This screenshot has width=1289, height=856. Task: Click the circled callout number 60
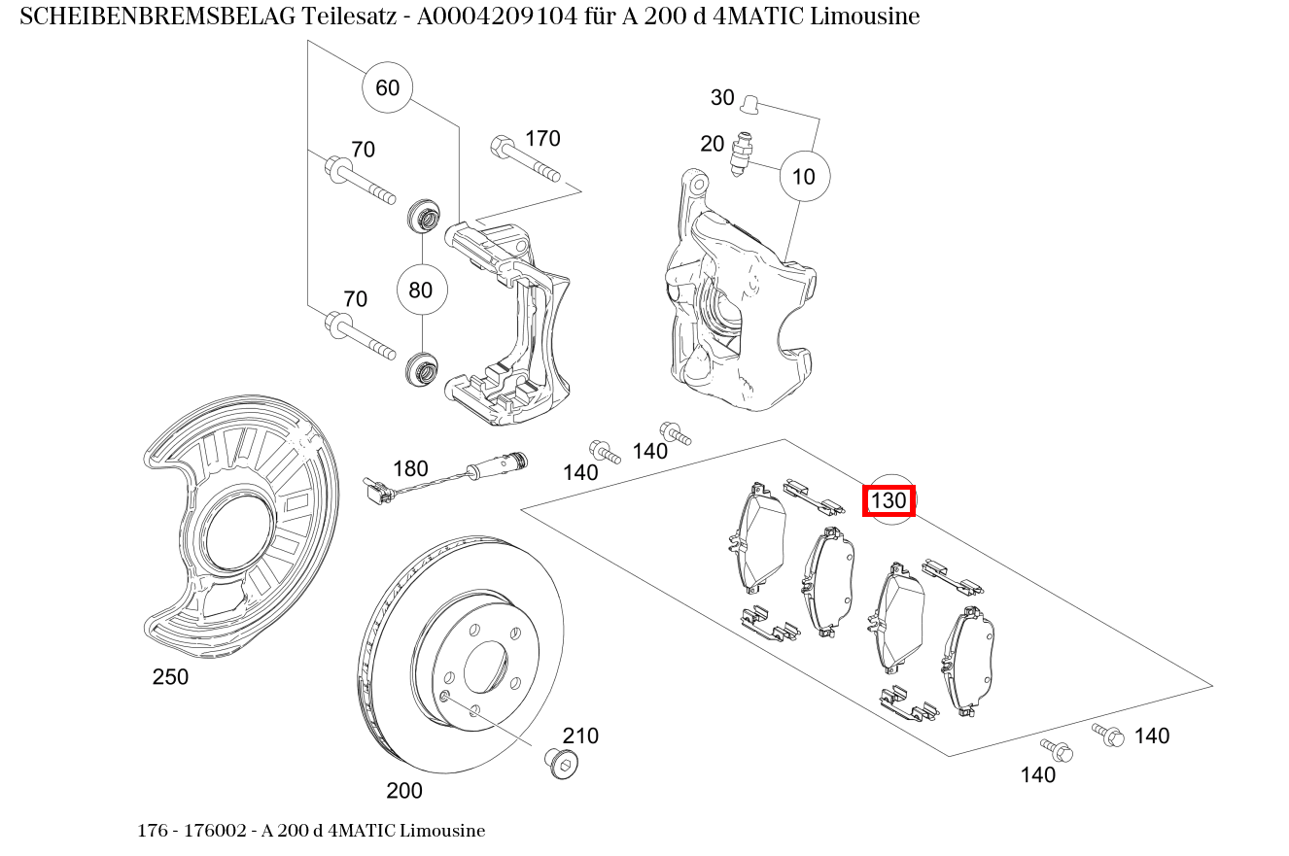click(387, 87)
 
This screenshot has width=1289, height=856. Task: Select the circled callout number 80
click(422, 290)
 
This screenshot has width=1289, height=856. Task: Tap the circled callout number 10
click(805, 176)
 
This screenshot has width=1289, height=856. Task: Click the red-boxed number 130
click(888, 500)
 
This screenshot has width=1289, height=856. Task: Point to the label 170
click(542, 139)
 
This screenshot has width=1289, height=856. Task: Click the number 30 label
click(722, 97)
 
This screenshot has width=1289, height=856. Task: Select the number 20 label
click(712, 143)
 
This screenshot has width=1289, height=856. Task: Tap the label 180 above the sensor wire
click(410, 468)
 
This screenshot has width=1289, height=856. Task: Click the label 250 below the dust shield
click(170, 676)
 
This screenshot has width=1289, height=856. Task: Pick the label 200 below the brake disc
click(404, 791)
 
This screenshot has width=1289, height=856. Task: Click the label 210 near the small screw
click(580, 736)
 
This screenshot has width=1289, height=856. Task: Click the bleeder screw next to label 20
click(742, 154)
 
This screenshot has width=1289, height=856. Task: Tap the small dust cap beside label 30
click(749, 104)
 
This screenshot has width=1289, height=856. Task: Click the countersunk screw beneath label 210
click(561, 764)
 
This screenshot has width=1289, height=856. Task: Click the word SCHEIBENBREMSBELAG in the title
click(157, 17)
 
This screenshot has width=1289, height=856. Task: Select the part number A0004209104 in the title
click(497, 17)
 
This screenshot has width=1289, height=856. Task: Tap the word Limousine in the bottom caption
click(442, 831)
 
